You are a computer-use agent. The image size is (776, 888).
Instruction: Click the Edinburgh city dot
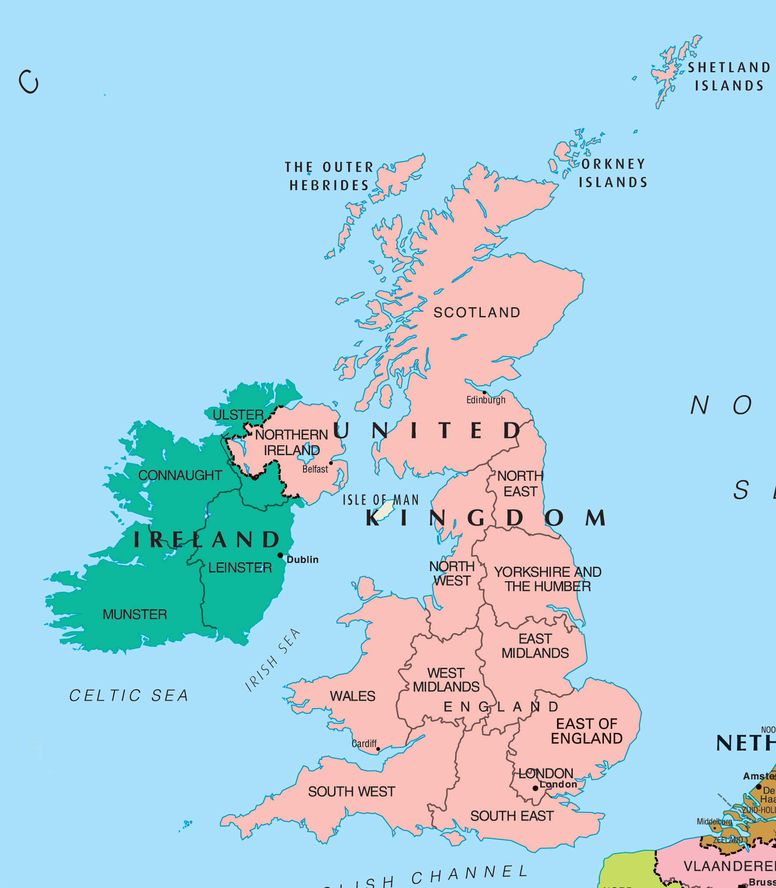484,393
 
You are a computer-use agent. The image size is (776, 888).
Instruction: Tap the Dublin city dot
280,555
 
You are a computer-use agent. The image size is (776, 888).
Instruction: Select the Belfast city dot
331,463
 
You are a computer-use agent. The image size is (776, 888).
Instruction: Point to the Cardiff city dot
378,749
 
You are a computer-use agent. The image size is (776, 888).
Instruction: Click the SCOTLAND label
477,312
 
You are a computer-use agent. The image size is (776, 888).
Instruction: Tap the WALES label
353,696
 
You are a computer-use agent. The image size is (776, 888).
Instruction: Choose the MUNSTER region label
135,614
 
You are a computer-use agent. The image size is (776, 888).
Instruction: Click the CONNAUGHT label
180,475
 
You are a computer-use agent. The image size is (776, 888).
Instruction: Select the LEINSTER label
240,568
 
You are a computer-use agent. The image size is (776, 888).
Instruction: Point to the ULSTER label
238,415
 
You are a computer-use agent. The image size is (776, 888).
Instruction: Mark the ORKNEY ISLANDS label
613,173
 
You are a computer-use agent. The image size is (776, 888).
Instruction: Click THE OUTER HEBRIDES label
329,176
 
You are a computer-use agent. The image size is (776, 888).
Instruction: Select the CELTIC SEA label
129,695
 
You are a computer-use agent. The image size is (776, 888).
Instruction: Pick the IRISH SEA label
273,660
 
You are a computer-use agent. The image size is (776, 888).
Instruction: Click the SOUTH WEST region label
351,791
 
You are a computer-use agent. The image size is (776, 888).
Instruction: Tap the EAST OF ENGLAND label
587,731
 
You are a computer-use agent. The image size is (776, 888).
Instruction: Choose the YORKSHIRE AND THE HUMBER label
547,579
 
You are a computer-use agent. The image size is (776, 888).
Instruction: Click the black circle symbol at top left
29,82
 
